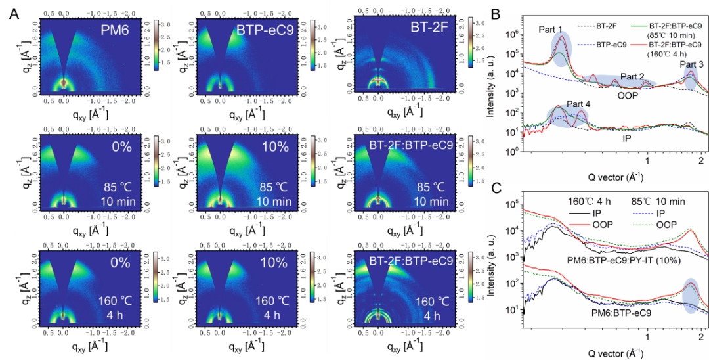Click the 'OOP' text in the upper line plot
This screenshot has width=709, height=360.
coord(629,96)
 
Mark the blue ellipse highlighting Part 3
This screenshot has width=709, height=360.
coord(690,80)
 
